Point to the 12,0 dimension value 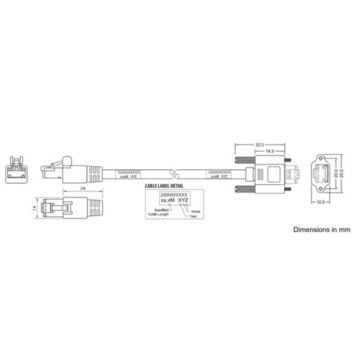pos(320,202)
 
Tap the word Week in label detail pos(196,211)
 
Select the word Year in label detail pos(193,216)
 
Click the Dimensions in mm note pos(321,229)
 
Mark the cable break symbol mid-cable pos(175,174)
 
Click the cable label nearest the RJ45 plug pos(128,174)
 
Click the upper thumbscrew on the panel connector pos(244,160)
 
